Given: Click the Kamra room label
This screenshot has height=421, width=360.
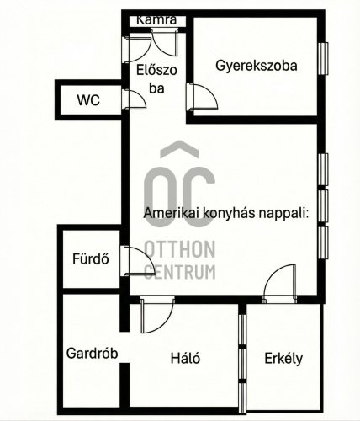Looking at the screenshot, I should (x=156, y=19).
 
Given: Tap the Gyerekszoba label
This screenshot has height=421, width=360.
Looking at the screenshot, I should (x=256, y=65).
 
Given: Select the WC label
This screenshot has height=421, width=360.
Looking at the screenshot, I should (x=88, y=100).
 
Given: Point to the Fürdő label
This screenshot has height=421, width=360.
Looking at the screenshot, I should (x=90, y=258).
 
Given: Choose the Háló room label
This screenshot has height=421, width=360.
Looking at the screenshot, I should (x=185, y=358).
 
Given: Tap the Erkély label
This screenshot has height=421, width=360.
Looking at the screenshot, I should (x=283, y=358).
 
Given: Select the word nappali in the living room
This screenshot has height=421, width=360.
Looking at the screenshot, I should (x=282, y=214).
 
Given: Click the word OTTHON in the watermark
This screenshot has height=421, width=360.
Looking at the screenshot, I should (x=179, y=249).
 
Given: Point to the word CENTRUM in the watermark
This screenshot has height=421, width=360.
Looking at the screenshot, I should (x=179, y=271).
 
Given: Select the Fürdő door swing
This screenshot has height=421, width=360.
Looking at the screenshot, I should (x=137, y=261).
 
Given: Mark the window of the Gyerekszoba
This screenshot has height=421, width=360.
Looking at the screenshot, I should (x=322, y=60).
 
